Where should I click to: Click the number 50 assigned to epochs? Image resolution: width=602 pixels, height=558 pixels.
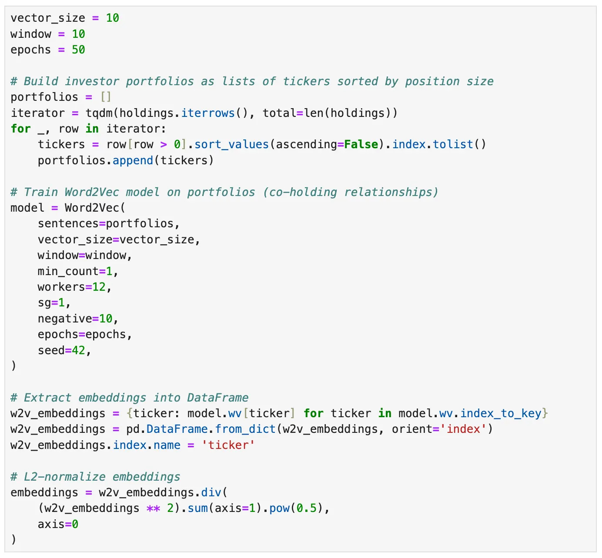(78, 50)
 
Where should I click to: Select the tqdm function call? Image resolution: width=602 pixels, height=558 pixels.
(99, 113)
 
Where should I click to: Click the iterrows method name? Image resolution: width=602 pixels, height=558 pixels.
(208, 113)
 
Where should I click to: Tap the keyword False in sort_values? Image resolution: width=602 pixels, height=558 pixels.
(361, 144)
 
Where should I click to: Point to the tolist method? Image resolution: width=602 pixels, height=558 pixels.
(453, 144)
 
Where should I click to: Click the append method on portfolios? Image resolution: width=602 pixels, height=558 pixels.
(133, 160)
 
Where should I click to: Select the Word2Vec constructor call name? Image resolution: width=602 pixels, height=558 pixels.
(92, 208)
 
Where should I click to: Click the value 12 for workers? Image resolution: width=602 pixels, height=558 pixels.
(99, 287)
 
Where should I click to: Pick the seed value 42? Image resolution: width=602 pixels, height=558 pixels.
(78, 350)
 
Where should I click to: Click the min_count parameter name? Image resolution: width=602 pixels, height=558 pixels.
(68, 271)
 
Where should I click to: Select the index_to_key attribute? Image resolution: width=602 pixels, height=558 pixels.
(501, 413)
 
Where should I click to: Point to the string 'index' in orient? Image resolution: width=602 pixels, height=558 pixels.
(464, 429)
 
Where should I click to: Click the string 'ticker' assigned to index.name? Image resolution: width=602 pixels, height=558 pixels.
(228, 445)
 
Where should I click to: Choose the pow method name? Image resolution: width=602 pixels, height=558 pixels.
(279, 508)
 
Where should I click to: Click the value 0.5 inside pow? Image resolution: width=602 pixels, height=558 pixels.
(307, 508)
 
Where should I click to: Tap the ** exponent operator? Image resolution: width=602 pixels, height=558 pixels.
(153, 508)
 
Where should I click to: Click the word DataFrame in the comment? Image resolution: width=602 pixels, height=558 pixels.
(218, 398)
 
